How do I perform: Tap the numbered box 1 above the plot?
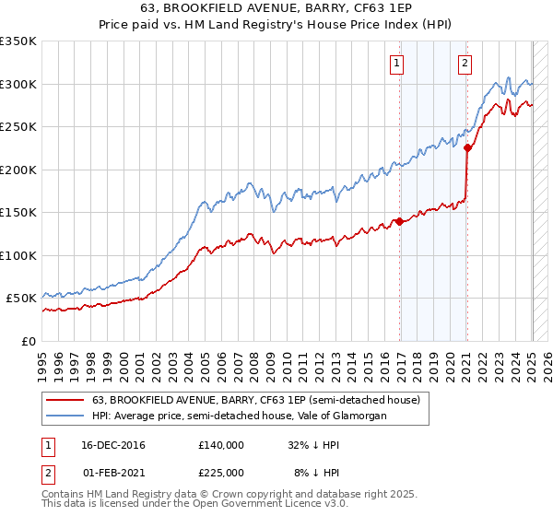coord(396,64)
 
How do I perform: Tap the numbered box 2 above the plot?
coord(464,64)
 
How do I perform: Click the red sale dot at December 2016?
coord(399,221)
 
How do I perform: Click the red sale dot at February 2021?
coord(467,147)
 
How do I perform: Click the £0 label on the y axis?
coord(28,341)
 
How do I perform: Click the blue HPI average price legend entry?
coord(238,416)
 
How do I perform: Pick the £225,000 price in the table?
coord(221,471)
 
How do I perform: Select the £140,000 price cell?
coord(221,445)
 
